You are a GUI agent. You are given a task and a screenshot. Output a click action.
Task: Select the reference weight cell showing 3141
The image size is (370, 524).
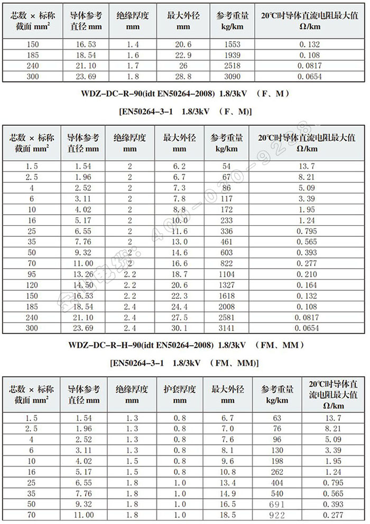click(226, 328)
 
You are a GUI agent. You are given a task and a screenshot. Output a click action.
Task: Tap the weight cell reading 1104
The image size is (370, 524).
click(226, 274)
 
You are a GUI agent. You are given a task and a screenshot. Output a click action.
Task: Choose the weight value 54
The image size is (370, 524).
click(226, 166)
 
